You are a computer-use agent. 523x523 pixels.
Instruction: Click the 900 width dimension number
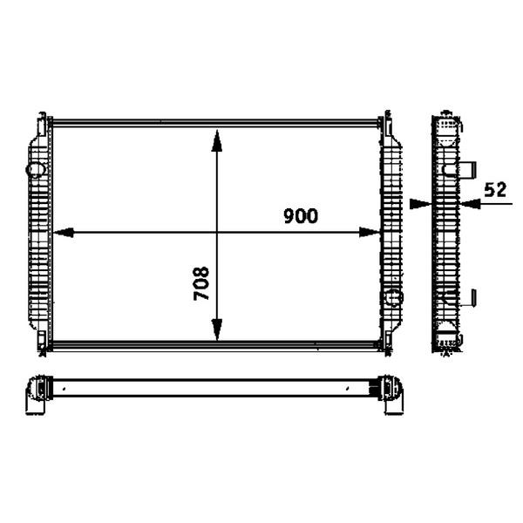301,216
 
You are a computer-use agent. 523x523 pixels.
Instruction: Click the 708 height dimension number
201,283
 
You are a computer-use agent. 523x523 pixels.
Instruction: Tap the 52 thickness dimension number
495,189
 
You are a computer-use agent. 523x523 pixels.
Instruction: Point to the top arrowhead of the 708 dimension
217,141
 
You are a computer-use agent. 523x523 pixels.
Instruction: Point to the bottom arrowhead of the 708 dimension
217,329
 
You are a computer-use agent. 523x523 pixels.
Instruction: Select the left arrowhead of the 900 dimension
64,233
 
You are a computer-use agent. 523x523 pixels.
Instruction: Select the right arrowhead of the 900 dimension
370,233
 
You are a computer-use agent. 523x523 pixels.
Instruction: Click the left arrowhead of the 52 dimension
421,203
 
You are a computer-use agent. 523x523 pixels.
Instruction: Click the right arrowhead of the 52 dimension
470,203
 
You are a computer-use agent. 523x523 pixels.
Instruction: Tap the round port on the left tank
36,169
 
